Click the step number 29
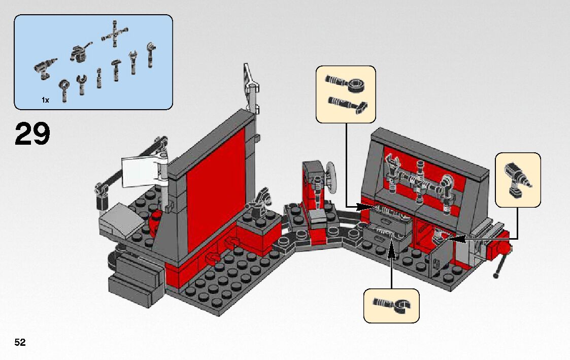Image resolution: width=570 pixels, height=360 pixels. click(32, 135)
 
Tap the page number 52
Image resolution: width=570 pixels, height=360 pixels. click(20, 343)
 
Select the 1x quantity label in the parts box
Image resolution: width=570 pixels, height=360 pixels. click(45, 101)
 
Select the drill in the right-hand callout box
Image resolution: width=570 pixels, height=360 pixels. click(517, 180)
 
